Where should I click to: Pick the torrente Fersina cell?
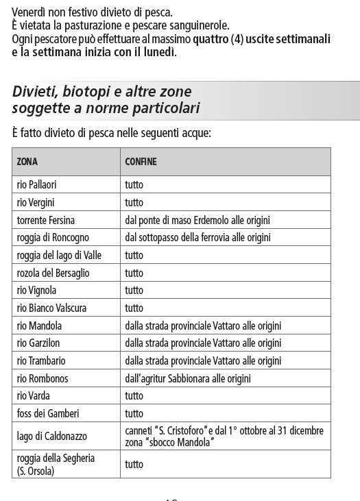(46, 220)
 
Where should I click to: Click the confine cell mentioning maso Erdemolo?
(198, 220)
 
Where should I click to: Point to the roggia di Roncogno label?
(51, 238)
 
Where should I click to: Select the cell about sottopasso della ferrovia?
(199, 238)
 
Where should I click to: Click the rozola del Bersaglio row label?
(52, 273)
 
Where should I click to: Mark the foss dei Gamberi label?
(45, 413)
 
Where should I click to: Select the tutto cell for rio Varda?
(134, 395)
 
